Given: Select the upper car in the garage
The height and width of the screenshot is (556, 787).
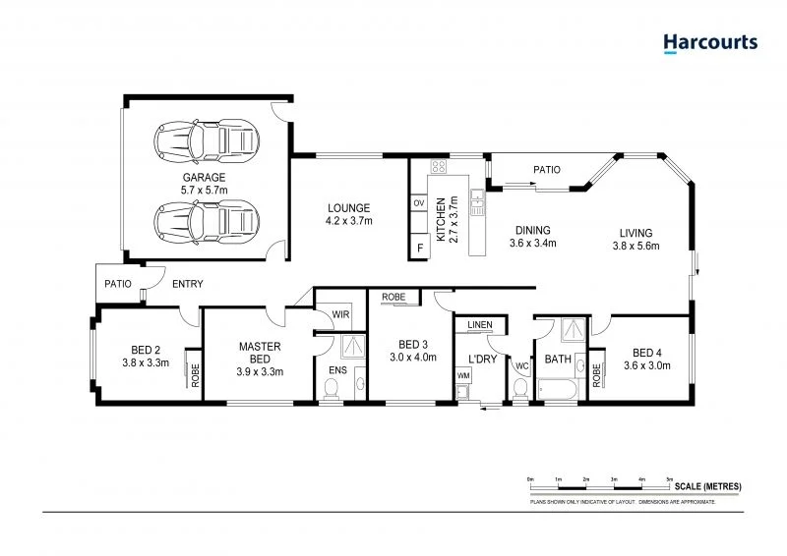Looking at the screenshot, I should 208,140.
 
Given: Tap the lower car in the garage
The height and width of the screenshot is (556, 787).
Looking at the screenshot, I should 208,221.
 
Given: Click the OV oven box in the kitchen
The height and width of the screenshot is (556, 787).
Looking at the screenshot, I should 418,203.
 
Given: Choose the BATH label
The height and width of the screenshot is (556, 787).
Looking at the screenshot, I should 558,360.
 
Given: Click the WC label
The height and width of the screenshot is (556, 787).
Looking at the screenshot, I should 521,366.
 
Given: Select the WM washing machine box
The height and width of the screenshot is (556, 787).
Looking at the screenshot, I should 463,376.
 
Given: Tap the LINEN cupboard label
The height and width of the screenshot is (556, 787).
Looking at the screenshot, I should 479,324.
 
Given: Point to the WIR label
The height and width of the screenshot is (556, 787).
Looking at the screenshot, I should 340,314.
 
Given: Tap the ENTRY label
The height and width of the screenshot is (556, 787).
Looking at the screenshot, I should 187,284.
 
